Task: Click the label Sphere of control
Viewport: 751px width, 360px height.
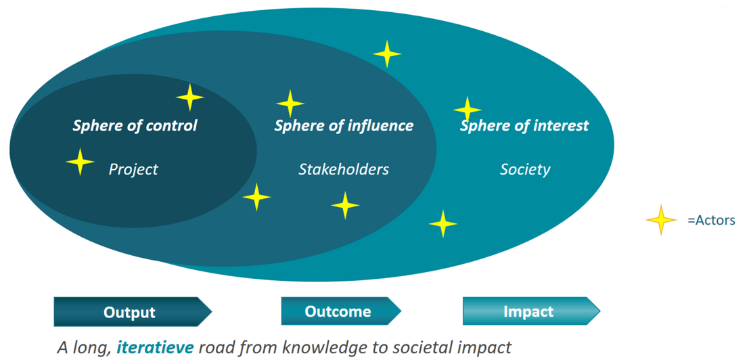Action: pos(135,125)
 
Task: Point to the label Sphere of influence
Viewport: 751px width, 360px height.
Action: pos(344,125)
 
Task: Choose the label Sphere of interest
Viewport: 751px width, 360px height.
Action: pos(524,125)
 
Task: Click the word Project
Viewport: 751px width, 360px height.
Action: pos(133,169)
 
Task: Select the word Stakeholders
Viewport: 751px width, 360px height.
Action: pos(344,169)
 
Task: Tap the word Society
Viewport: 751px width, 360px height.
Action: pos(525,169)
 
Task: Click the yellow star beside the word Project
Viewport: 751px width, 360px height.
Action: pos(81,162)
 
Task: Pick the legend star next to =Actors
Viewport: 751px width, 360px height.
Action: pos(661,220)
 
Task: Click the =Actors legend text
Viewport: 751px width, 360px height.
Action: pos(711,220)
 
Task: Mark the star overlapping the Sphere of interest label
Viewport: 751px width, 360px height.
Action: pos(467,110)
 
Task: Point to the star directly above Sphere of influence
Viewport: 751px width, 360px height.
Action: pos(290,104)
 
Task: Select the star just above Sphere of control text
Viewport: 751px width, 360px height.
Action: pos(190,97)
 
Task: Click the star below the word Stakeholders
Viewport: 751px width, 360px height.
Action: pos(345,204)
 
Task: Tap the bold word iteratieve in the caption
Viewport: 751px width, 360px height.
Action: pos(155,348)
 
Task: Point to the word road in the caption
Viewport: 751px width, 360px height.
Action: pos(215,348)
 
